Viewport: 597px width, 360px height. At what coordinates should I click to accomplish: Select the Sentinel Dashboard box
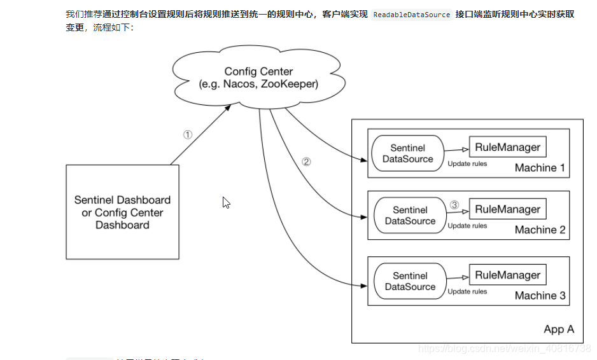(x=122, y=212)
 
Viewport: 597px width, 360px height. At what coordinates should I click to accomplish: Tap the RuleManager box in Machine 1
(x=507, y=148)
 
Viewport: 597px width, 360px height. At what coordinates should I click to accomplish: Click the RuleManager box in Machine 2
(x=507, y=209)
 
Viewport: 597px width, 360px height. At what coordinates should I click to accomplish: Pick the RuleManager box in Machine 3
(x=507, y=275)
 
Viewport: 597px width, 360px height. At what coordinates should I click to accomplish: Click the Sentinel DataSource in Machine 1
(x=407, y=153)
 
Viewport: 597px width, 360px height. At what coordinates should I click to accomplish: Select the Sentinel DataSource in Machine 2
(x=410, y=216)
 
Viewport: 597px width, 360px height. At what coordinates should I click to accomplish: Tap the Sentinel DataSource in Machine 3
(x=410, y=281)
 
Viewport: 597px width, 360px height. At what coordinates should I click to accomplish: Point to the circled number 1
(x=187, y=135)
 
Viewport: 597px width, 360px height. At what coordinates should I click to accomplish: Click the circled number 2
(x=306, y=162)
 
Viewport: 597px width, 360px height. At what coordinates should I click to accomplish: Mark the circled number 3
(x=454, y=205)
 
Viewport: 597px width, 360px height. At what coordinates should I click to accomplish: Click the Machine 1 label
(x=540, y=168)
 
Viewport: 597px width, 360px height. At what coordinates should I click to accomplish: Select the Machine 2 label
(x=540, y=230)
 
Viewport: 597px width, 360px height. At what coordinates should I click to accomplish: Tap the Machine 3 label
(x=540, y=295)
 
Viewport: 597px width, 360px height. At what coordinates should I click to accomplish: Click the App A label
(x=559, y=329)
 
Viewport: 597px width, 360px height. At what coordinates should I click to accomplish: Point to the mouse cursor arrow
(x=225, y=202)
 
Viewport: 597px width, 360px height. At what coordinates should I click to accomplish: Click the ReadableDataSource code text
(x=411, y=14)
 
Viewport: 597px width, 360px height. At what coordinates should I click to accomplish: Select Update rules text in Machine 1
(x=467, y=164)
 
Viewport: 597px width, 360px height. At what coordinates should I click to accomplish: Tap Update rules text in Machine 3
(x=467, y=292)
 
